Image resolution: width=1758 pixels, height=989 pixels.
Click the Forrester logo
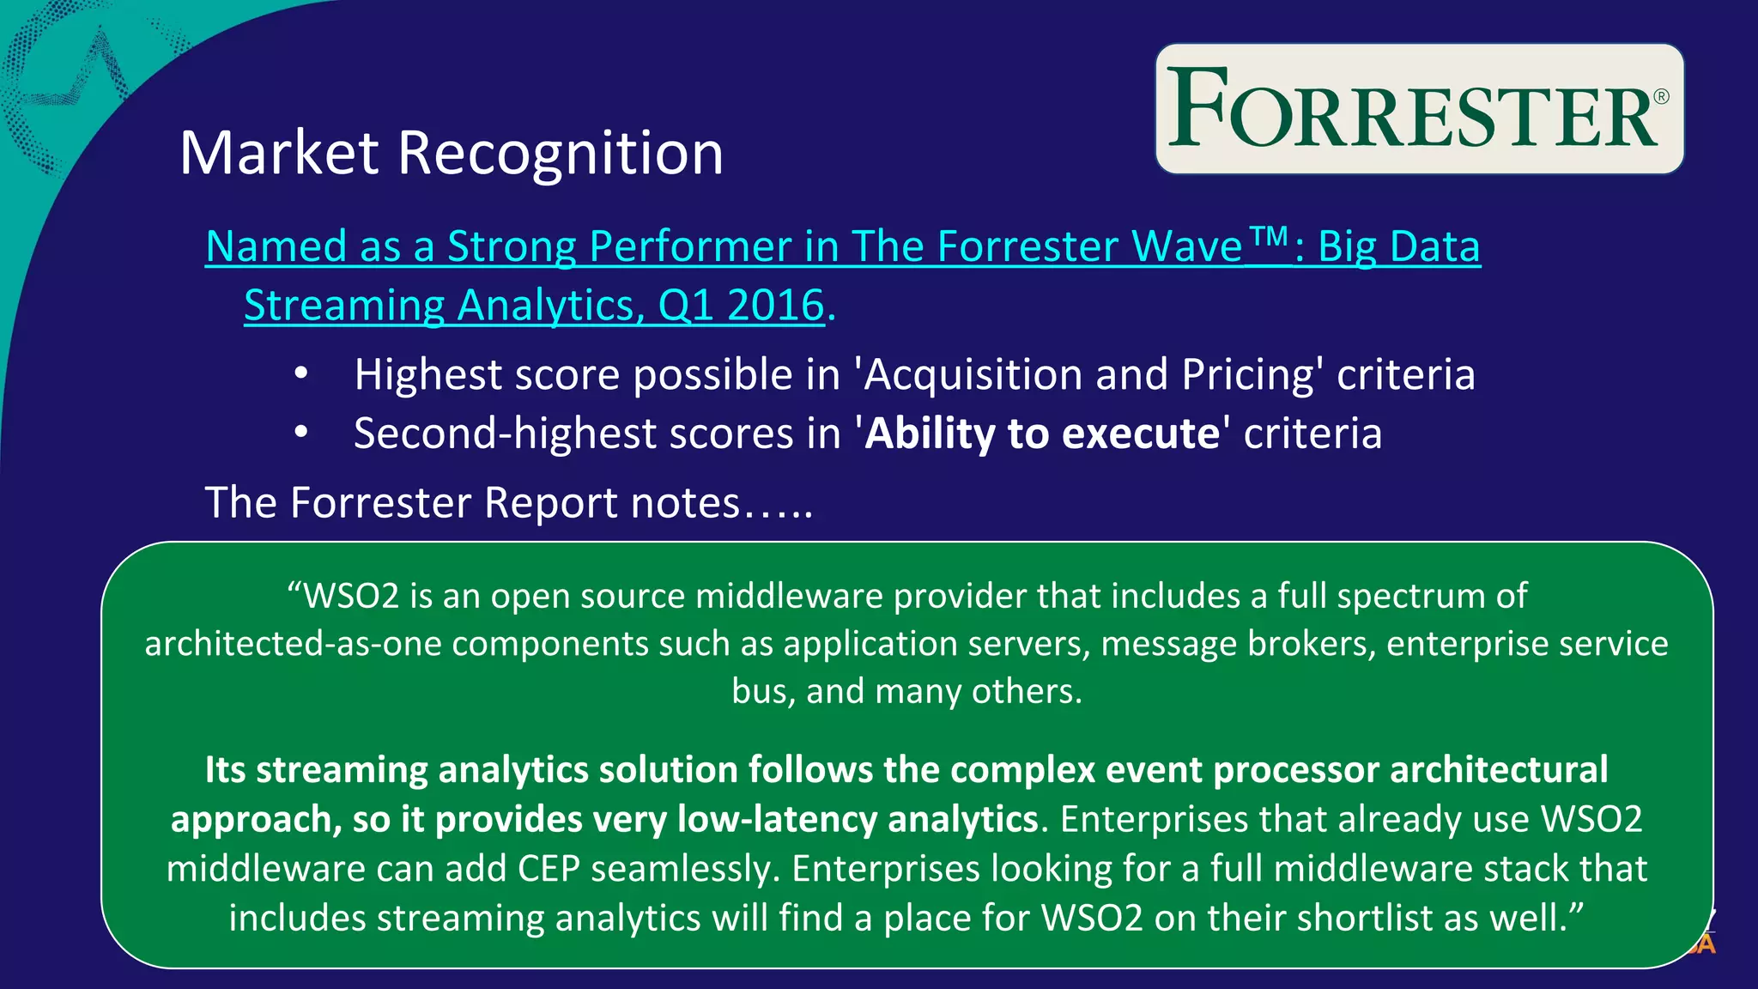click(1419, 109)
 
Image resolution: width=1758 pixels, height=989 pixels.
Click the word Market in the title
click(279, 154)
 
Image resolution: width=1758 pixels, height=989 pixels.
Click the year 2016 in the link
click(775, 306)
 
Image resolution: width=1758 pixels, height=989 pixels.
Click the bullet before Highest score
click(300, 374)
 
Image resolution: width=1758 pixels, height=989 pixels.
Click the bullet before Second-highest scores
click(300, 433)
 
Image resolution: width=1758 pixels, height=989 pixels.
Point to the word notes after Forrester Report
click(685, 503)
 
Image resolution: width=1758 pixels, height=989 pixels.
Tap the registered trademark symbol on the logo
click(1661, 97)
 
